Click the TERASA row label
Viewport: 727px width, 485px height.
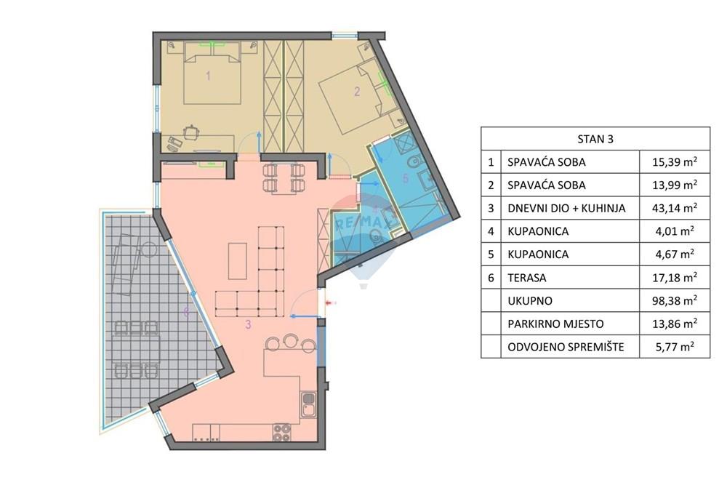pyautogui.click(x=526, y=278)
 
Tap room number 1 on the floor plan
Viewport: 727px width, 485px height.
pyautogui.click(x=208, y=75)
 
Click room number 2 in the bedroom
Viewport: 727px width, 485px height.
pyautogui.click(x=356, y=92)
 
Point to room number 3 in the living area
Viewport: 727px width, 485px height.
pyautogui.click(x=248, y=325)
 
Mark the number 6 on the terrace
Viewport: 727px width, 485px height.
pyautogui.click(x=187, y=312)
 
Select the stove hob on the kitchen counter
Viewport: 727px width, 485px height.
pyautogui.click(x=281, y=433)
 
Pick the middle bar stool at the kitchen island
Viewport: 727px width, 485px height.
pyautogui.click(x=291, y=340)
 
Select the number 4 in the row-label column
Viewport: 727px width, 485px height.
pyautogui.click(x=491, y=231)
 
